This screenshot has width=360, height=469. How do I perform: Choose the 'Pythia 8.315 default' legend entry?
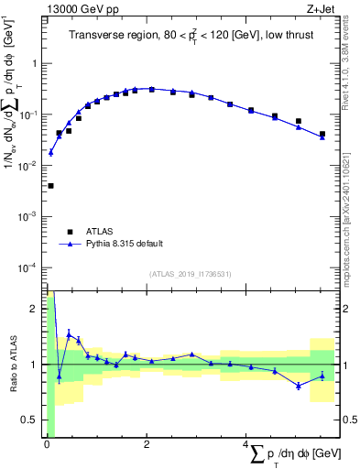pyautogui.click(x=125, y=244)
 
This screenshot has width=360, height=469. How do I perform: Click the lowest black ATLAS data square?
pyautogui.click(x=50, y=186)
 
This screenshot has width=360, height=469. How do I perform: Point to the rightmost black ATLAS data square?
pyautogui.click(x=322, y=134)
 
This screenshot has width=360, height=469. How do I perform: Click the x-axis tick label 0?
pyautogui.click(x=47, y=444)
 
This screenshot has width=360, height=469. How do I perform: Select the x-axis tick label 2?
pyautogui.click(x=147, y=444)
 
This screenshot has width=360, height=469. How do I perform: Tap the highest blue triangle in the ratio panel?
pyautogui.click(x=69, y=334)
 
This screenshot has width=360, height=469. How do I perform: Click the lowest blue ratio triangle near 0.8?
pyautogui.click(x=299, y=386)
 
